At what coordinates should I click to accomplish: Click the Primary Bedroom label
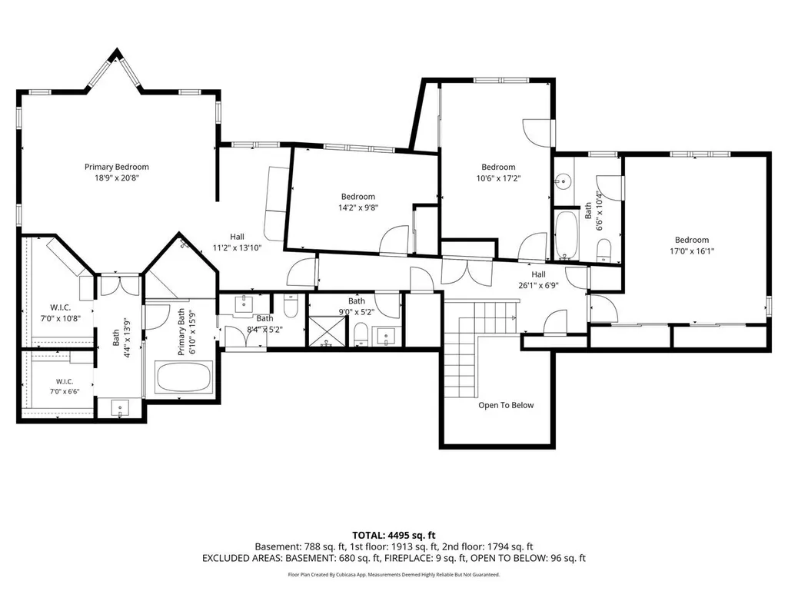117,167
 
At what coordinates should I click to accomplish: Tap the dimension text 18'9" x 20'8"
117,178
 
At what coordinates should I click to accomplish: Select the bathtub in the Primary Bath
184,377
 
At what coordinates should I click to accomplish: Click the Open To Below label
506,405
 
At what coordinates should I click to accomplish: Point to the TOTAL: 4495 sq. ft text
394,535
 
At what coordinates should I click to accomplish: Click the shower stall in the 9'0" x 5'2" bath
328,331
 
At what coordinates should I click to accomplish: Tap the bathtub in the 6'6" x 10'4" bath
567,234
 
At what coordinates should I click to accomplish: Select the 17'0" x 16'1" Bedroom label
691,240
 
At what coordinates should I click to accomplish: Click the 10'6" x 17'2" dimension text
498,178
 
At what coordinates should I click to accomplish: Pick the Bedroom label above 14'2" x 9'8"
357,197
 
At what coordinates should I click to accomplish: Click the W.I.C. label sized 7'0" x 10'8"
60,307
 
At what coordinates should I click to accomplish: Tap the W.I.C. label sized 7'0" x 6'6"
65,382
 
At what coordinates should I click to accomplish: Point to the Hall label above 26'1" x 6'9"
538,274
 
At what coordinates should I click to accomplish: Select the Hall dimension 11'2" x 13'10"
238,247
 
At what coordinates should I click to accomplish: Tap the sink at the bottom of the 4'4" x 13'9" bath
120,407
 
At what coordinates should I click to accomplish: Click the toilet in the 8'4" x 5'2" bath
291,306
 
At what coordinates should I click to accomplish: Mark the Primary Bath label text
181,332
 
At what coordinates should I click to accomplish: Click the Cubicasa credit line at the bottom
394,574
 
